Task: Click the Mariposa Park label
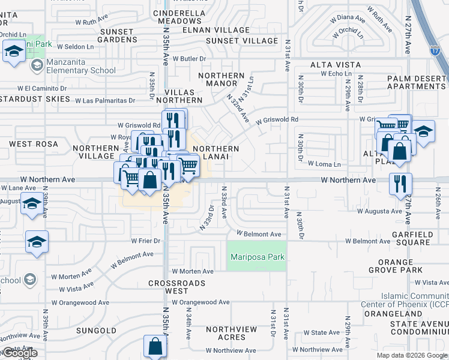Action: pos(256,257)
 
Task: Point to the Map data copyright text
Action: pos(411,355)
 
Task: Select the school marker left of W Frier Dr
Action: pos(37,242)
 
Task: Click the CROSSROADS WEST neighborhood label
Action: pos(177,287)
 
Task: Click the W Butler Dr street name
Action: pos(189,59)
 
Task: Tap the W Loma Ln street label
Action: pos(324,164)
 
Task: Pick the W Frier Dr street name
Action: pos(147,241)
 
